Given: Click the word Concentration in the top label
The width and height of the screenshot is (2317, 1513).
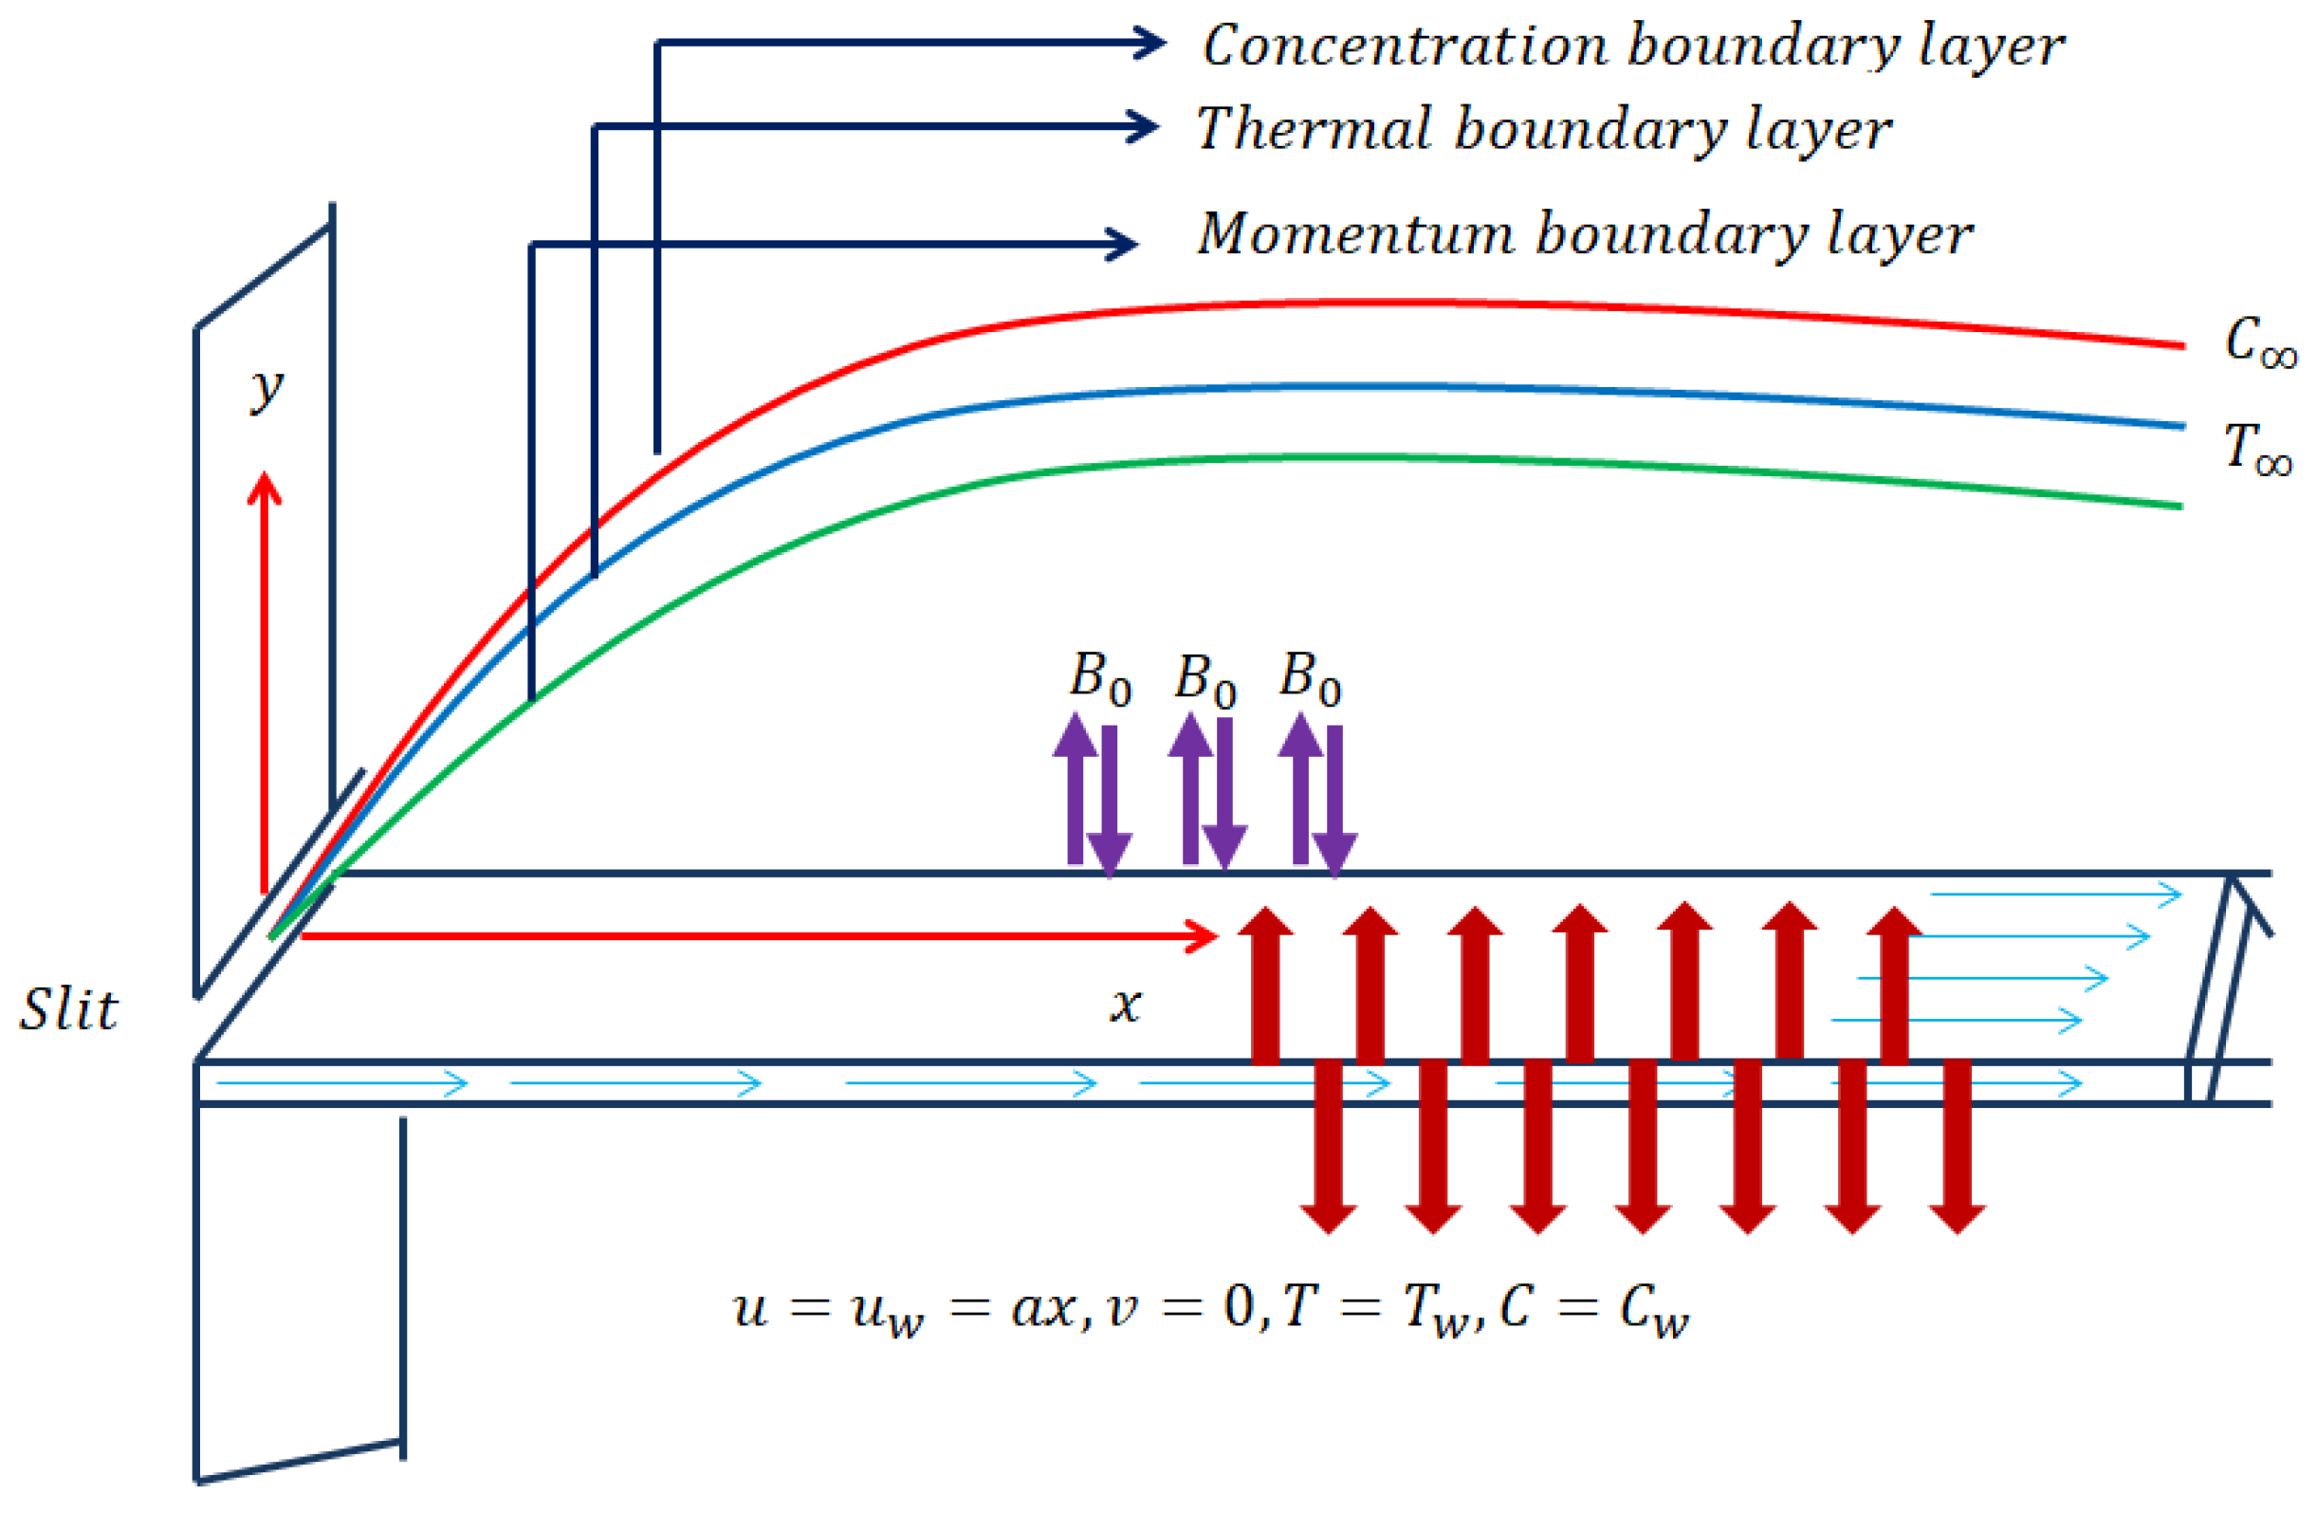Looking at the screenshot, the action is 1404,46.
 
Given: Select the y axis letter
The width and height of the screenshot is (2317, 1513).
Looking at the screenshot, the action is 266,390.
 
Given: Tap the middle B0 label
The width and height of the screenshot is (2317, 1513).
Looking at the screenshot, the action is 1205,678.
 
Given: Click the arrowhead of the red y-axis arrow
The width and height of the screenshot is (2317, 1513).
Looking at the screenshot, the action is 264,487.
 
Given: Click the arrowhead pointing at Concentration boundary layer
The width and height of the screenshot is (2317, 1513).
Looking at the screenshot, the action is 1149,42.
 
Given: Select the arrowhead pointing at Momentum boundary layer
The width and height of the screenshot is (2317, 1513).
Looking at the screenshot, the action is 1121,244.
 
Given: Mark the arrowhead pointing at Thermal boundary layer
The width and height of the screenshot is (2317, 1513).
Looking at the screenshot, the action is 1142,125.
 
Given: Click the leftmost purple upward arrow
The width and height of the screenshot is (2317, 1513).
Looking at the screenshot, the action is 1075,788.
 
